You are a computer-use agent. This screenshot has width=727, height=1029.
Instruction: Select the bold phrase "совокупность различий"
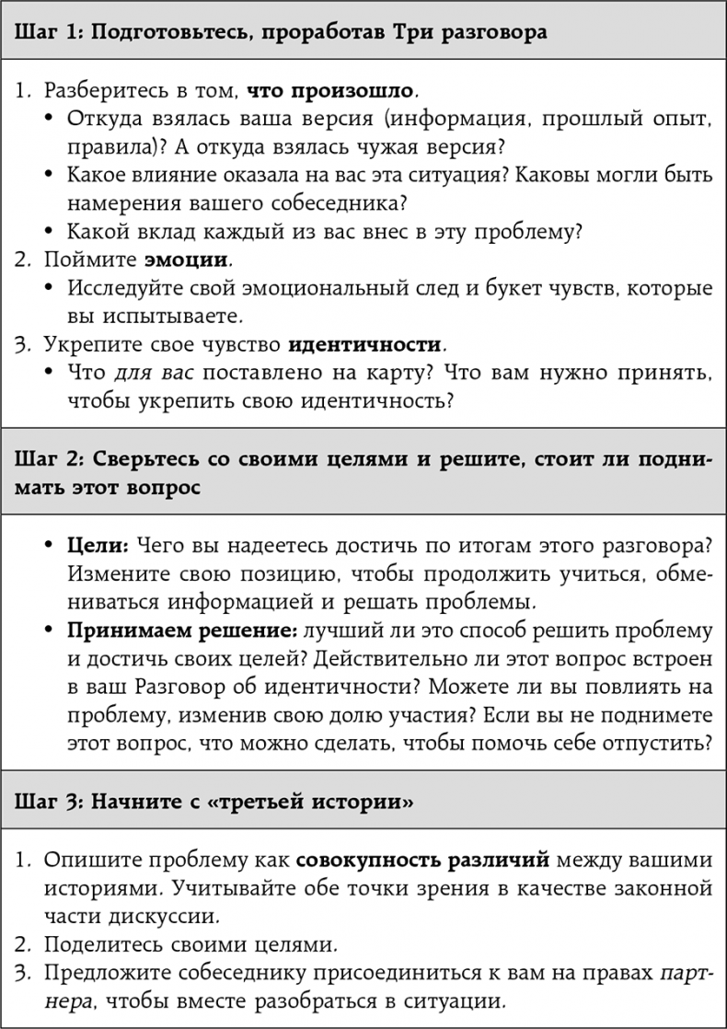click(423, 860)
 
